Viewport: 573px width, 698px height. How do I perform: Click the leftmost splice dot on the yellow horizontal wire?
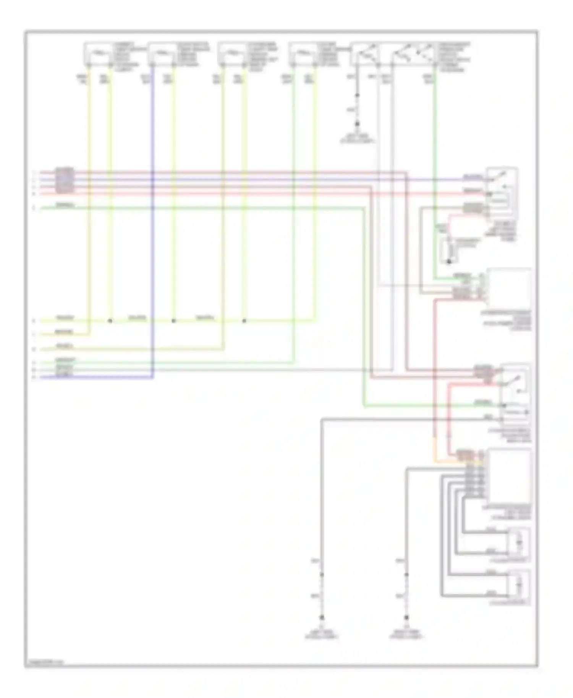(x=110, y=321)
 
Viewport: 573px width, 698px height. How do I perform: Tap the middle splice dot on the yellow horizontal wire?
(x=173, y=321)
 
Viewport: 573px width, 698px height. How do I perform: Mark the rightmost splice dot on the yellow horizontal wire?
(x=244, y=321)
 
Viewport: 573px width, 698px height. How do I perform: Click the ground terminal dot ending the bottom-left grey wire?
(x=322, y=617)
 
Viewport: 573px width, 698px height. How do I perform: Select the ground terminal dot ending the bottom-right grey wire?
(x=406, y=617)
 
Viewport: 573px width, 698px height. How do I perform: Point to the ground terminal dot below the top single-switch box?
(x=358, y=124)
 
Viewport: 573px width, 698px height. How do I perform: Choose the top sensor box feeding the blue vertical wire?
(x=162, y=53)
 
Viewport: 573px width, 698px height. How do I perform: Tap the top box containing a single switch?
(x=364, y=53)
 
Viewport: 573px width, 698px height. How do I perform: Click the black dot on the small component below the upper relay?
(x=449, y=262)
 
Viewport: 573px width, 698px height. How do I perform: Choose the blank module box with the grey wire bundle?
(x=510, y=476)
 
